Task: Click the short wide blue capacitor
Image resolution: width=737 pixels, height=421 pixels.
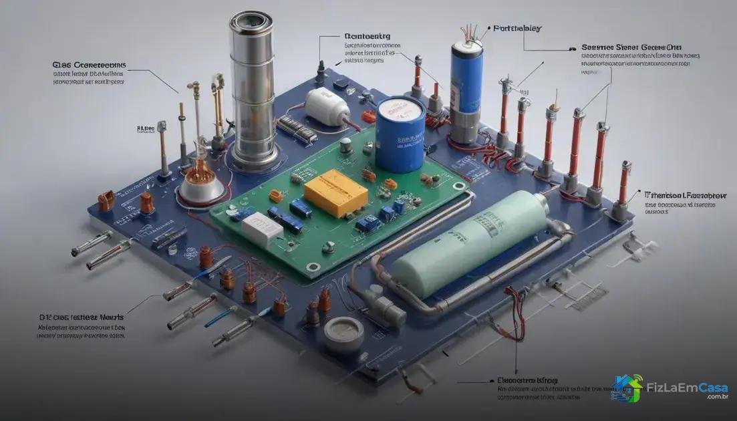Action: (400, 134)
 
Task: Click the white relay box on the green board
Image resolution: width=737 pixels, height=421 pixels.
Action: (262, 229)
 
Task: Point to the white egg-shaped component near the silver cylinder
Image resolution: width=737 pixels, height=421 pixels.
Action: (327, 107)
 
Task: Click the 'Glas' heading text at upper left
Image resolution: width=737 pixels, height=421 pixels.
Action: (90, 65)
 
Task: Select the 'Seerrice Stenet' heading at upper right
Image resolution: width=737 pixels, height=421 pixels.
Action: (631, 47)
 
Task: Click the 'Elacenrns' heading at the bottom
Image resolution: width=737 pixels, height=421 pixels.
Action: (527, 380)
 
